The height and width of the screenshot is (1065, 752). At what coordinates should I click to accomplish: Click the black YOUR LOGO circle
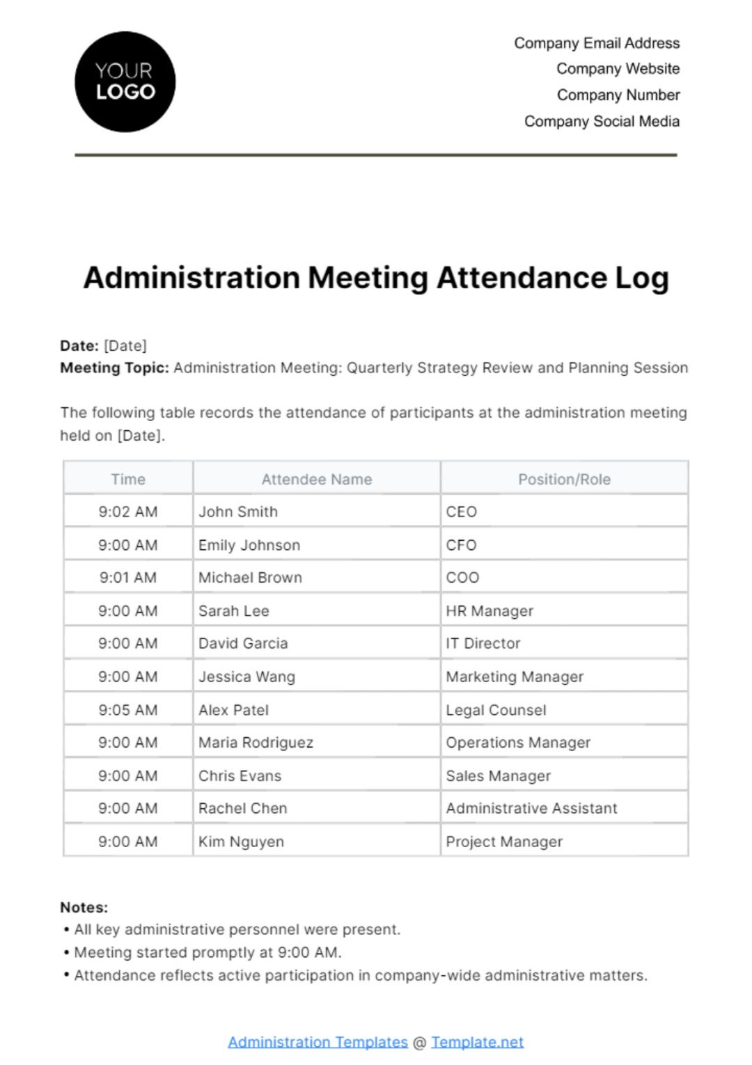coord(125,82)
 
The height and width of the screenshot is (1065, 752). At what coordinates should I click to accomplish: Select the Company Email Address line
coord(597,43)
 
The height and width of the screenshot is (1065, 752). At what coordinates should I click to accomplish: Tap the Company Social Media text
coord(602,121)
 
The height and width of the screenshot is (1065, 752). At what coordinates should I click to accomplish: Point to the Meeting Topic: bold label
coord(114,368)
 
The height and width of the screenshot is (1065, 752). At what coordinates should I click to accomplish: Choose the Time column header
coord(128,479)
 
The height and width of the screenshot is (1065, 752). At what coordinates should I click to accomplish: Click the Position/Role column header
coord(564,479)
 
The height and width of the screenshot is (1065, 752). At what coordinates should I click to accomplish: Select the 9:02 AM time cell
coord(128,512)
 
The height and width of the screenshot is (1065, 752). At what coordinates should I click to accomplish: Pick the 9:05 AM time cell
coord(128,710)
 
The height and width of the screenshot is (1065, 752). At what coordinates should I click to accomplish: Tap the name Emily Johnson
coord(249,545)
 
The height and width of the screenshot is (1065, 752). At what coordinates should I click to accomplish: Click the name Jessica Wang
coord(246,677)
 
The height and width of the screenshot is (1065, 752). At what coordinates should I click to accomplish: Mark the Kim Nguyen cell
coord(241,842)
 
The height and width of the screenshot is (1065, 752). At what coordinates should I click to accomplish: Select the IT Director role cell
coord(483,643)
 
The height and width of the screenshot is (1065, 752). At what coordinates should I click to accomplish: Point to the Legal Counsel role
coord(496,710)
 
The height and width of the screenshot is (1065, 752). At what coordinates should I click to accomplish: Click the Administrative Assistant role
coord(531,808)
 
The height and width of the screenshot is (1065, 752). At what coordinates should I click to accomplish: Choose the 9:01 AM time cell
coord(128,577)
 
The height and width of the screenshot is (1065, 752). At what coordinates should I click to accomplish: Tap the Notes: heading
coord(84,907)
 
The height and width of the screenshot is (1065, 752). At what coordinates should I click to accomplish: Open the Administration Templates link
coord(318,1042)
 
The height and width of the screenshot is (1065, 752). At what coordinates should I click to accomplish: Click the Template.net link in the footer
coord(477,1042)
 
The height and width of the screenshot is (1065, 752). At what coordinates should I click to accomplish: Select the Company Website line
coord(618,69)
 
